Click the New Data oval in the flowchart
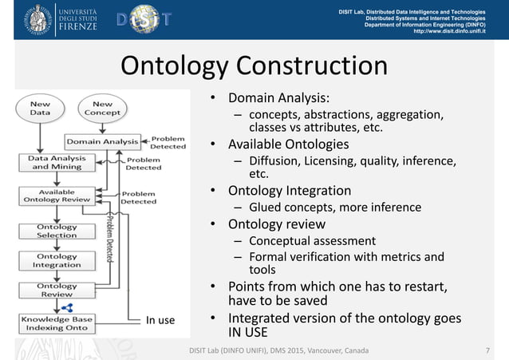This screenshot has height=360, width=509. pos(40,109)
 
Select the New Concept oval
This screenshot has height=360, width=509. pos(102,109)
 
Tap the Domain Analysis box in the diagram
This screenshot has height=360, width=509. pos(102,142)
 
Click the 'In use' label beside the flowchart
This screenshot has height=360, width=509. pos(160,322)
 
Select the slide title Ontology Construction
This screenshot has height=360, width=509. pos(254,66)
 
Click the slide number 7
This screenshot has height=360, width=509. pos(487,351)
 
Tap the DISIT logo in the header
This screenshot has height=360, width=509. pos(144,20)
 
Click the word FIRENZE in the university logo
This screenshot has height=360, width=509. pos(77,26)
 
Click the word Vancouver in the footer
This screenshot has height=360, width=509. pos(310,351)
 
